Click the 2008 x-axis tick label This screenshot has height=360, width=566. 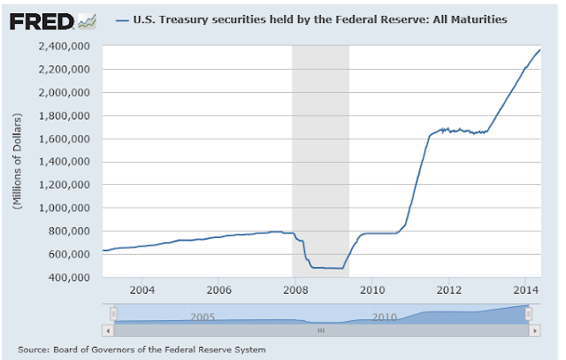click(295, 289)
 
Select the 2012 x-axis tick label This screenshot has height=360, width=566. click(449, 289)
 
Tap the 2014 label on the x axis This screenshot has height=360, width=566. click(526, 289)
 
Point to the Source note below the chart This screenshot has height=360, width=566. click(141, 349)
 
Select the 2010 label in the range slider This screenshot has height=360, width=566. click(382, 316)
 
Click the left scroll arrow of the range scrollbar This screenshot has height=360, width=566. click(109, 330)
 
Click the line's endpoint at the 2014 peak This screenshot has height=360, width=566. click(540, 50)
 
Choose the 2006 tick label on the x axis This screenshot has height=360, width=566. click(218, 289)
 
